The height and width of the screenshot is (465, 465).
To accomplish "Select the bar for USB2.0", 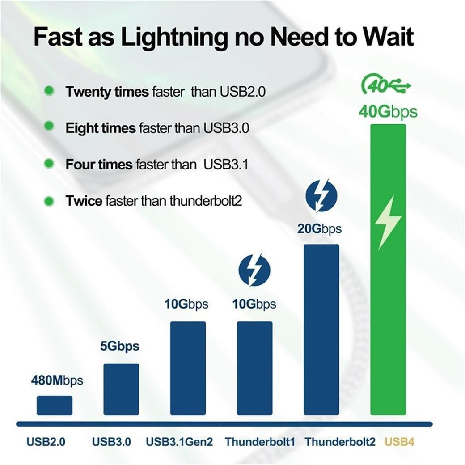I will (x=55, y=405).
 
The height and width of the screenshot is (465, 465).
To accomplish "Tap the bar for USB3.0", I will (x=121, y=389).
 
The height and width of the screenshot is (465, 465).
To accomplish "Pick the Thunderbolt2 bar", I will (x=321, y=330).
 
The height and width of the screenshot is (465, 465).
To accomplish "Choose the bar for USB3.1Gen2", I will (x=188, y=368).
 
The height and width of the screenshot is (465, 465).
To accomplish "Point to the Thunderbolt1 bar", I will (x=254, y=368).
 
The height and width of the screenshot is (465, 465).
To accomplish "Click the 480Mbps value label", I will (x=57, y=381).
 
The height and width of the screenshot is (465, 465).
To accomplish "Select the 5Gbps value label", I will (x=119, y=346).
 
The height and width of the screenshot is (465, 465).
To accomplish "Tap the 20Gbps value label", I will (x=319, y=229).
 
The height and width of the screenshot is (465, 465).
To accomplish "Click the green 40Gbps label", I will (x=388, y=111).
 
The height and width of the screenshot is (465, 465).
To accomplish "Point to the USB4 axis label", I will (x=399, y=442).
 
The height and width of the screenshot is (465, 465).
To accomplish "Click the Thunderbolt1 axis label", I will (x=260, y=442).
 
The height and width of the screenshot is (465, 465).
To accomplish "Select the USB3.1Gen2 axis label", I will (x=179, y=442).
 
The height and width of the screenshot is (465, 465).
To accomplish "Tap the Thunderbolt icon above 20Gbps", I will (x=321, y=195).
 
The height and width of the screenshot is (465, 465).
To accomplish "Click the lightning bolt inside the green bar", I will (x=388, y=222).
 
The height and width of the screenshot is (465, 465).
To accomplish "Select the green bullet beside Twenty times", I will (x=49, y=91).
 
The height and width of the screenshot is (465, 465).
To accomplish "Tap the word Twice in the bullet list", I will (x=84, y=201).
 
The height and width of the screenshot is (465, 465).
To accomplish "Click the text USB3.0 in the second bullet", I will (x=227, y=128).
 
